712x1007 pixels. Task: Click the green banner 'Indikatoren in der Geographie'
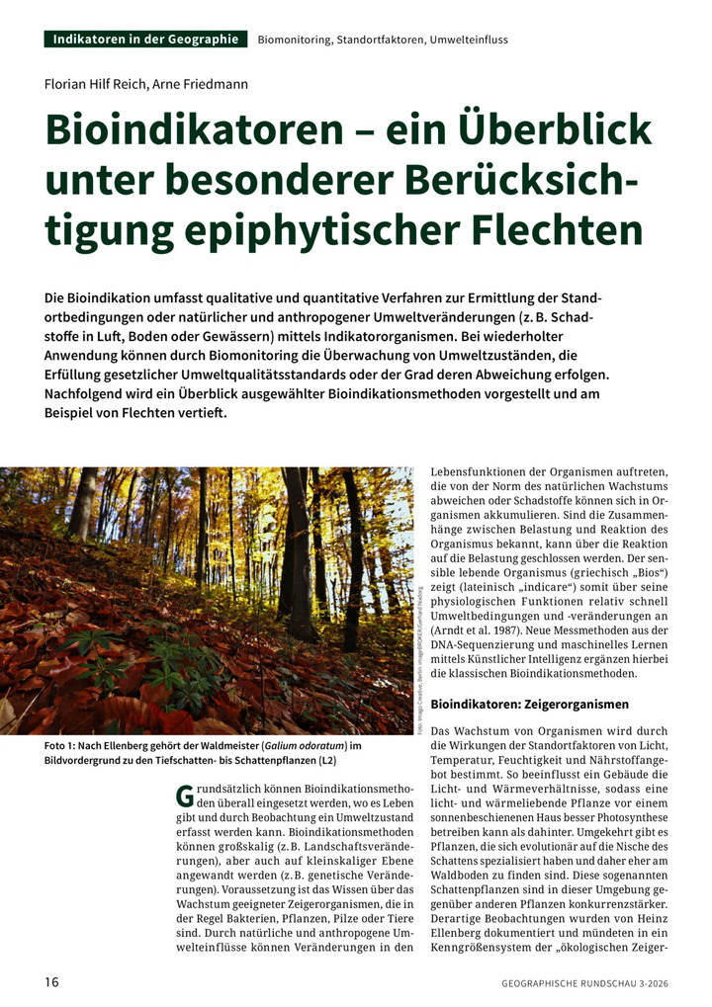point(145,40)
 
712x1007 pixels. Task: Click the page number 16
point(52,981)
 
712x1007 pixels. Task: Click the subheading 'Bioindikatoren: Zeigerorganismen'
point(530,705)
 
